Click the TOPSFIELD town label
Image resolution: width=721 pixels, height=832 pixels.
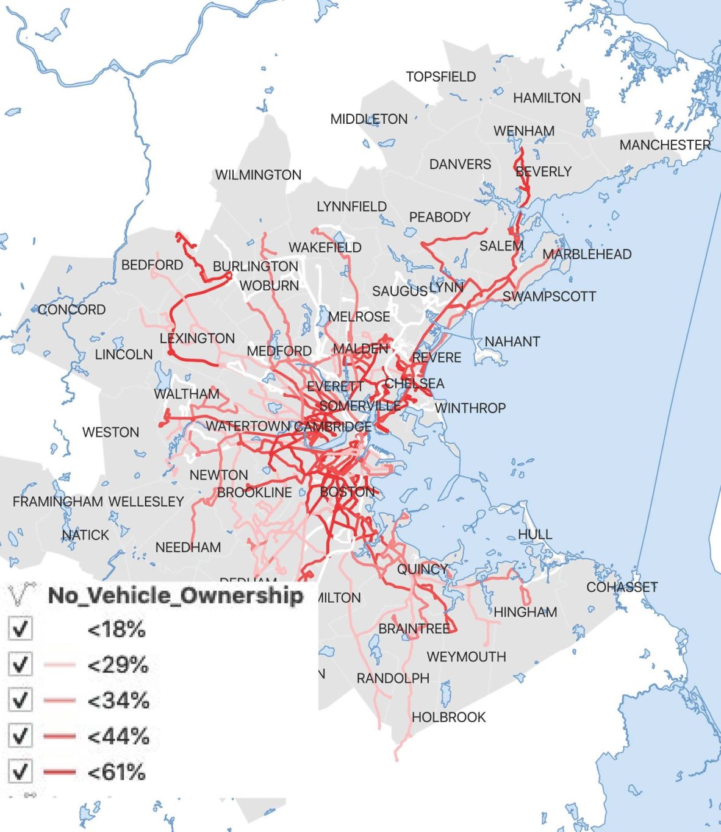click(441, 77)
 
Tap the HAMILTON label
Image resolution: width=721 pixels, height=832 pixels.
click(547, 98)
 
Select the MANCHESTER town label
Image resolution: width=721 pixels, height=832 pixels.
click(665, 145)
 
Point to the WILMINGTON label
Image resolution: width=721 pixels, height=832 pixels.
click(258, 175)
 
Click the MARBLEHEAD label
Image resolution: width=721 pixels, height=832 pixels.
click(587, 254)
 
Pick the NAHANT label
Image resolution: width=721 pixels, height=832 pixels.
click(512, 341)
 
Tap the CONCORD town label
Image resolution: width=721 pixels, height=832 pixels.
click(71, 310)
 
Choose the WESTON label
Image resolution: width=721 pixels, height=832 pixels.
click(110, 432)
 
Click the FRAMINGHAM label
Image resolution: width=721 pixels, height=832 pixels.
click(58, 502)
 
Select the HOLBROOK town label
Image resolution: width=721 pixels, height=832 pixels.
click(448, 717)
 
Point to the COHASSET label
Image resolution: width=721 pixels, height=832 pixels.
click(622, 587)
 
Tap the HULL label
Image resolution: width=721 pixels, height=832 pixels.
click(535, 535)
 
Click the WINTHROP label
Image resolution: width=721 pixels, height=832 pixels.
click(470, 408)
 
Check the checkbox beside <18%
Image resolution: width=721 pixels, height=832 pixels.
click(21, 628)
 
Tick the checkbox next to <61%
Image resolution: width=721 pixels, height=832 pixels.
click(21, 772)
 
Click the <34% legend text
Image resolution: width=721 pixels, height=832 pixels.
click(118, 700)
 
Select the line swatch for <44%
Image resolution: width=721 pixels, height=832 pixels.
click(60, 736)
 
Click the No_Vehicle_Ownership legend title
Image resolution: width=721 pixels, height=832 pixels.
click(176, 596)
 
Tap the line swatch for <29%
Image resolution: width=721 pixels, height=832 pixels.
click(60, 664)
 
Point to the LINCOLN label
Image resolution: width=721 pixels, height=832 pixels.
click(124, 354)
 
